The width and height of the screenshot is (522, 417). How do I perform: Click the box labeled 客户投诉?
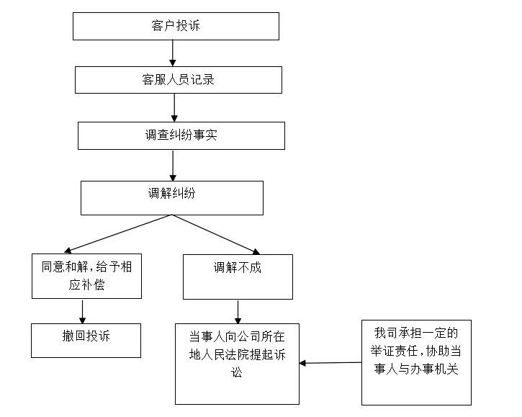click(x=176, y=27)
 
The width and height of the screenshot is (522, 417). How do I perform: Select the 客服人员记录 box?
click(x=179, y=80)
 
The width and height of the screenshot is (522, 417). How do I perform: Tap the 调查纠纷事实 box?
click(x=181, y=135)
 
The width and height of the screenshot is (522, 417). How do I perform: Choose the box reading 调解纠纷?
click(x=172, y=198)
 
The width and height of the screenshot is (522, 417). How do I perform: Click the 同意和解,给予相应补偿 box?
click(x=86, y=276)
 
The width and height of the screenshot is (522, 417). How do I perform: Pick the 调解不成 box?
click(x=238, y=277)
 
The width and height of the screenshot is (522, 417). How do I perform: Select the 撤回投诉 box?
click(x=86, y=341)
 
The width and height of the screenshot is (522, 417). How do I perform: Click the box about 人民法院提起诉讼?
click(x=237, y=364)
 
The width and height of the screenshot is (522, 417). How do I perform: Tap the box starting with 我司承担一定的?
click(x=416, y=363)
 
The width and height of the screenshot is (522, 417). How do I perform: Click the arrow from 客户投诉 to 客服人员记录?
click(x=173, y=53)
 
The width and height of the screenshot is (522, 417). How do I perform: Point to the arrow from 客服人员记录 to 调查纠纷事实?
click(x=174, y=107)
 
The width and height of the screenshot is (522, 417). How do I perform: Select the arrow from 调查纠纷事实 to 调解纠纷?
click(x=173, y=165)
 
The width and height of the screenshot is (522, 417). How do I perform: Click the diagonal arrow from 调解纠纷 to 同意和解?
click(x=117, y=233)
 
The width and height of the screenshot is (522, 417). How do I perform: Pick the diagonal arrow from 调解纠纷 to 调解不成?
click(x=216, y=235)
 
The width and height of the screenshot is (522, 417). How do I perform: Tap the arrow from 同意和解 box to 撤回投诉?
click(x=82, y=311)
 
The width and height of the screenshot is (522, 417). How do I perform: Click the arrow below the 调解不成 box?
click(x=238, y=312)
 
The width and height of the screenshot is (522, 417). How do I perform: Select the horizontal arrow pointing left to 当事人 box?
click(x=330, y=363)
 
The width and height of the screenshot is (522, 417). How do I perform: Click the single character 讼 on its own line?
click(x=237, y=372)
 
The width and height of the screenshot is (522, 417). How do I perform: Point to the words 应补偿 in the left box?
click(x=86, y=285)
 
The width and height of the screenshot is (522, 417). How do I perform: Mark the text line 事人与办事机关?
click(x=416, y=369)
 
